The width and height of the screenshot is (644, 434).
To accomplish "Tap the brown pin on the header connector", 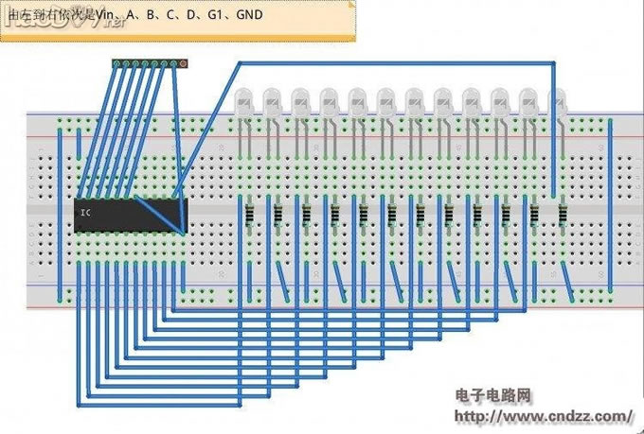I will pos(184,63).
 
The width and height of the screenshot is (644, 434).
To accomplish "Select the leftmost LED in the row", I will pos(244,97).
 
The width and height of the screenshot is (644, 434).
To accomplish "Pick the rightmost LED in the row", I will pos(559,97).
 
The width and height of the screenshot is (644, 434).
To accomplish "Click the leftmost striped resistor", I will pos(250,215).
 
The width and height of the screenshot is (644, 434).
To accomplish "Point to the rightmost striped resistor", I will pos(563,215).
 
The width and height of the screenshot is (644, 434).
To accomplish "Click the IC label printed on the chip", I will pos(85,213).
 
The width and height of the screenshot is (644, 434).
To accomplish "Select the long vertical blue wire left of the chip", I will pos(61,208).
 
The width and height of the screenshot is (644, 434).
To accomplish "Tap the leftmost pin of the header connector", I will pos(116,63).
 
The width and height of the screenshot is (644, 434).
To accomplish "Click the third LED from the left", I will pos(301,97).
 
